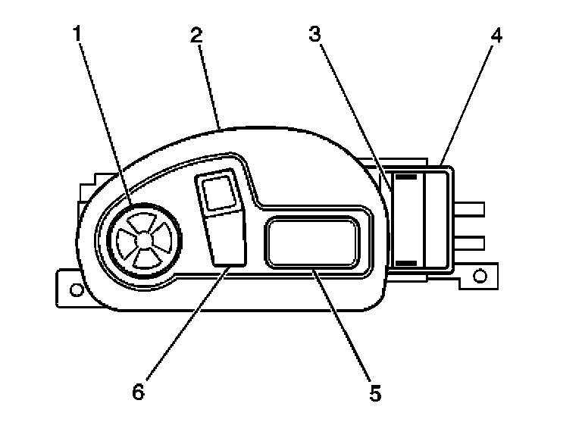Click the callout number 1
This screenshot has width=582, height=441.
[x=77, y=34]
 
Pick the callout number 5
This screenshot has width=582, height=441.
[x=375, y=393]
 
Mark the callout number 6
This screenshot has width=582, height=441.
[x=138, y=393]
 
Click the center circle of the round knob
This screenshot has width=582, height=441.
[x=145, y=239]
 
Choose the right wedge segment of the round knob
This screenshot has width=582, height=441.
[x=165, y=239]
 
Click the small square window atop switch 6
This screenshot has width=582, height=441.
[x=217, y=193]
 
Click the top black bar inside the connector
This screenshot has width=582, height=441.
[x=407, y=177]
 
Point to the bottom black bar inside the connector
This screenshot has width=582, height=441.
[x=407, y=262]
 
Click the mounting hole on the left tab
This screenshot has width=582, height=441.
[x=75, y=289]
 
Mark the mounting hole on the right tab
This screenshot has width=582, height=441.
[x=479, y=275]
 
